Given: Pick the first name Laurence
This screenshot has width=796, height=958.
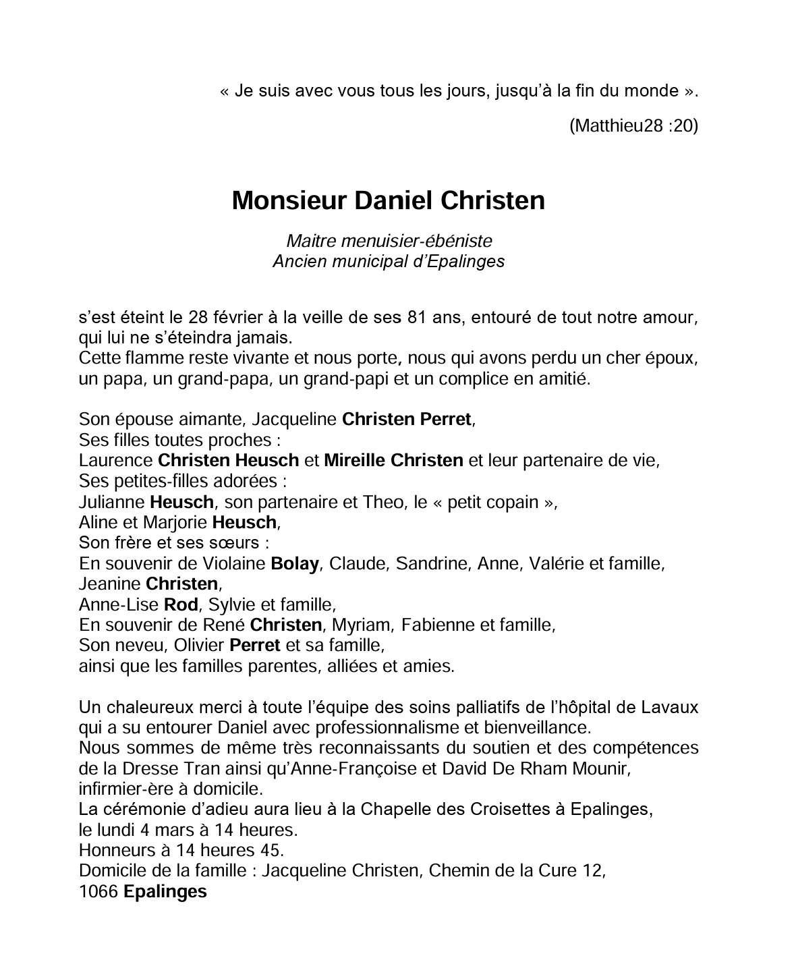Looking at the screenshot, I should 115,461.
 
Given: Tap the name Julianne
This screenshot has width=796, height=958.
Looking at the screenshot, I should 111,502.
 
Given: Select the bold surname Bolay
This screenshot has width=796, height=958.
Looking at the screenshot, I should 294,563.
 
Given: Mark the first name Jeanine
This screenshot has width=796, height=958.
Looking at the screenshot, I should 109,584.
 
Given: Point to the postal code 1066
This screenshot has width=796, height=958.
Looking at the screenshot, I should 98,892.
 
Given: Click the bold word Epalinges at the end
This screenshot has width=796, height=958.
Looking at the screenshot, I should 165,892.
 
